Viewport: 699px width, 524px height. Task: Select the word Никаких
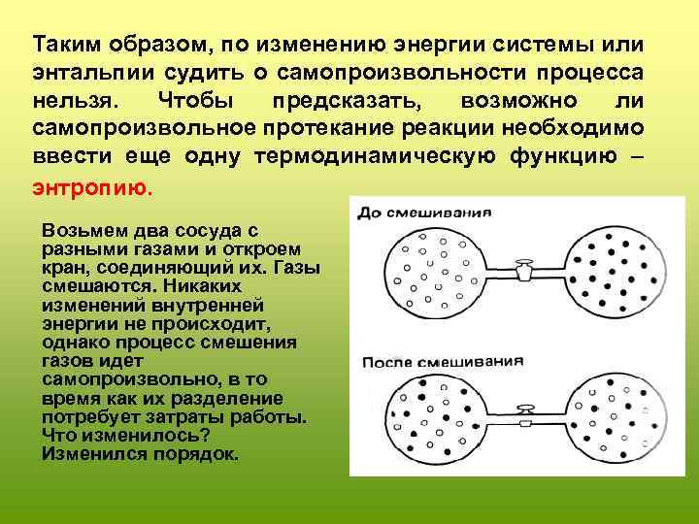pos(203,287)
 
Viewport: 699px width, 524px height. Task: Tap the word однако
pos(77,344)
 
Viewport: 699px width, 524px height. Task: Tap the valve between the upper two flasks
pos(525,269)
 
